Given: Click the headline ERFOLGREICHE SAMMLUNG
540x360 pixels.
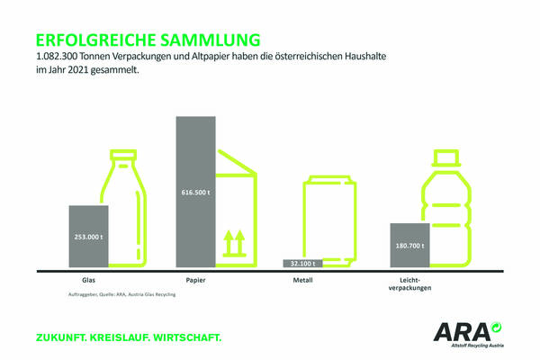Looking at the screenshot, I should tap(148, 40).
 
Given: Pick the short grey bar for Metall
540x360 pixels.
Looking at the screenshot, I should tap(303, 264).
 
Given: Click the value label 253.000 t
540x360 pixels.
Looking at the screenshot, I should tap(89, 238).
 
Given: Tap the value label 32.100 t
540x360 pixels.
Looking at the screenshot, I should tap(303, 264).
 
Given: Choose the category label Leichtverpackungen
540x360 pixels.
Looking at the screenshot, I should tap(411, 285).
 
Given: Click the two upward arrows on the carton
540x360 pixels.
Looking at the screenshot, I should tap(234, 242).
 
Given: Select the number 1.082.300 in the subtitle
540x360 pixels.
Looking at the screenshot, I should tap(56, 56).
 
